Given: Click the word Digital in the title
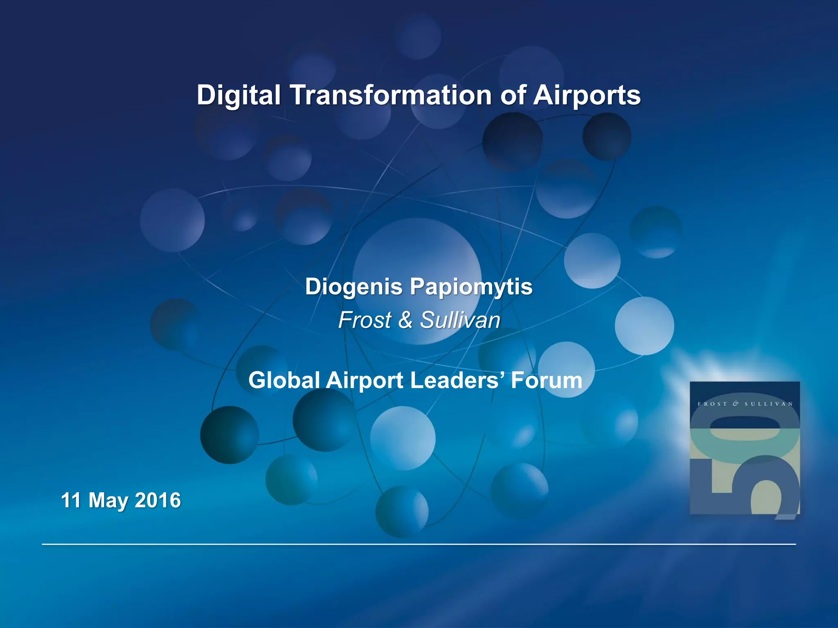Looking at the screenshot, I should tap(239, 95).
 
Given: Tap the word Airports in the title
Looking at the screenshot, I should tap(587, 95).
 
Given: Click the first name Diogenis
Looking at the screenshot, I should tap(354, 287).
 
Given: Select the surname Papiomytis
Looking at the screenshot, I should tap(471, 287).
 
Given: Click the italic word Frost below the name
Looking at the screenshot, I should tap(365, 320).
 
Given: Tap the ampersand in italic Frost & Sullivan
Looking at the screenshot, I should tap(405, 320).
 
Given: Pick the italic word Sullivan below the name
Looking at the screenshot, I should tap(460, 320).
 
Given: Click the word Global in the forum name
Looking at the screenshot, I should tap(284, 380).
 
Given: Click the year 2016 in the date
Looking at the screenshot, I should tap(158, 500).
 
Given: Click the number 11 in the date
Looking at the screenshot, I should tap(70, 500).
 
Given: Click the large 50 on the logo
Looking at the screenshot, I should tap(745, 466).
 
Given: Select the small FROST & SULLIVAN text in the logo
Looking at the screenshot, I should tap(745, 404).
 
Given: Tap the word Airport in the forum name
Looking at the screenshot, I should tap(365, 380).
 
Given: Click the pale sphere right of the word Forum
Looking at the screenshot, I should tap(644, 326).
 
